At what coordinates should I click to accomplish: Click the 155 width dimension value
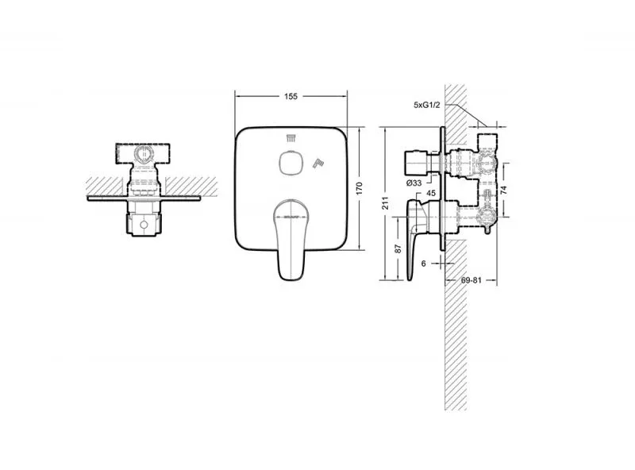[291, 96]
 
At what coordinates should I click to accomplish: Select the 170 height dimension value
[359, 188]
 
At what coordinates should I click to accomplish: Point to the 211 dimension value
[385, 203]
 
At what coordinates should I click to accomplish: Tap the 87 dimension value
[398, 248]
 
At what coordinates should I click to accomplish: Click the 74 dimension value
[503, 190]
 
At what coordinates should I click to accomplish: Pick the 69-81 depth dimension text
[471, 280]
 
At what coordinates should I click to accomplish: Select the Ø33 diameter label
[414, 183]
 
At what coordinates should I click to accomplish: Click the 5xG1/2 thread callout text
[426, 105]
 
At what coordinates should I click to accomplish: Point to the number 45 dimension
[431, 193]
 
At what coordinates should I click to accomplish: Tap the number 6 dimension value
[424, 264]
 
